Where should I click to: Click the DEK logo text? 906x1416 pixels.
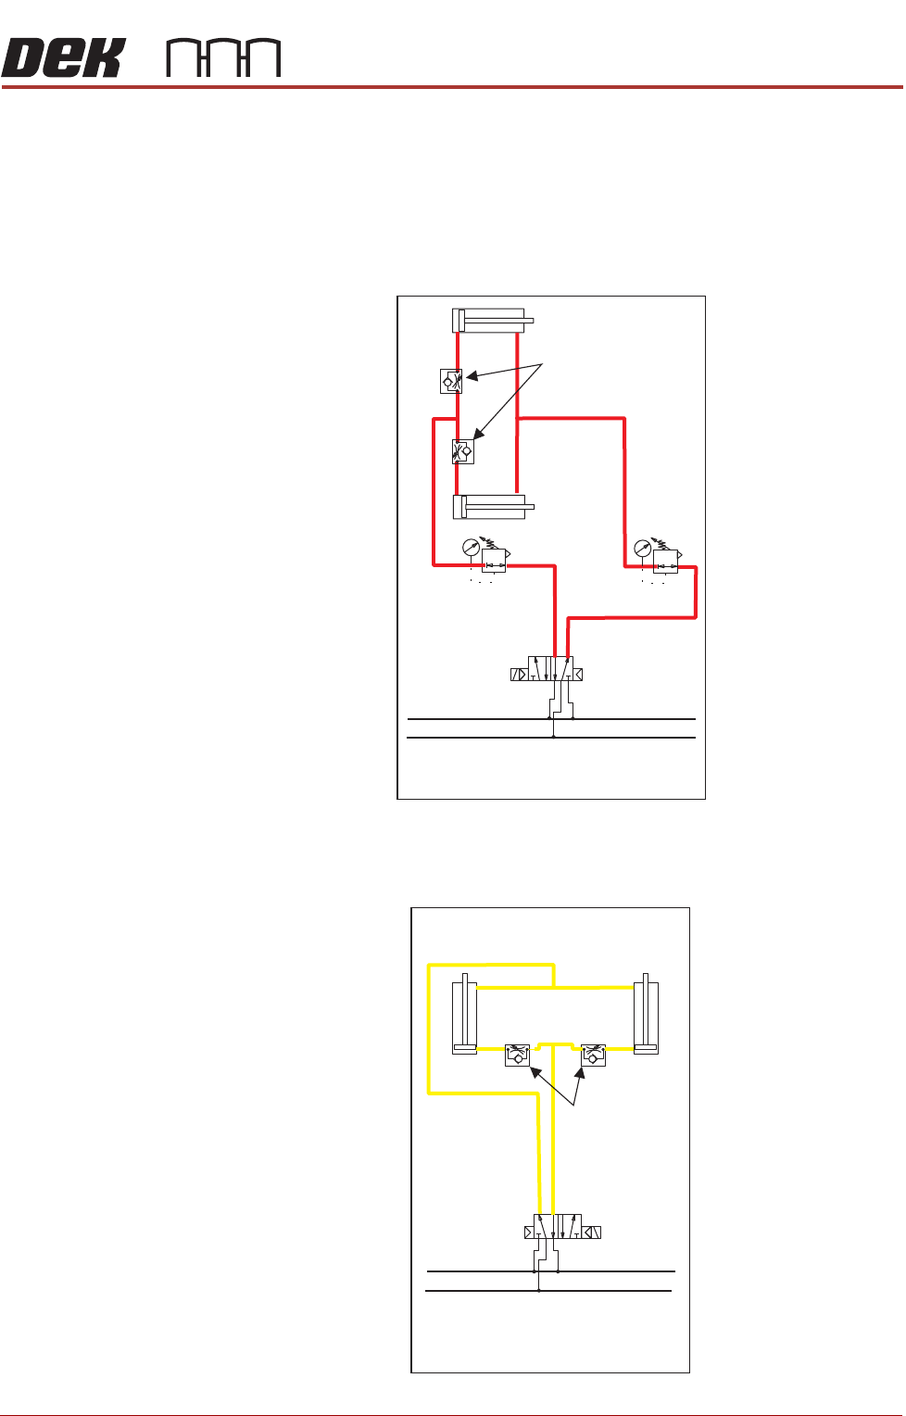click(x=63, y=57)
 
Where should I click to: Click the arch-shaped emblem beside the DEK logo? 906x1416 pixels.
click(x=223, y=57)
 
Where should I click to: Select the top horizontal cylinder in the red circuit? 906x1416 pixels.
click(x=492, y=321)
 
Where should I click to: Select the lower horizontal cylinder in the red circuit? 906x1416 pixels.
click(x=492, y=507)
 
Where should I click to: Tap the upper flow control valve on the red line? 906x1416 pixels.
click(x=451, y=380)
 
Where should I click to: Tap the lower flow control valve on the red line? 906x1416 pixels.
click(x=463, y=451)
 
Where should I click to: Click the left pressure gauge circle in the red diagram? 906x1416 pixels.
click(x=471, y=550)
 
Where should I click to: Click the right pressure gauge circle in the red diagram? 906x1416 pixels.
click(x=642, y=550)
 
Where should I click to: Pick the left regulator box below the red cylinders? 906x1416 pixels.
click(x=494, y=562)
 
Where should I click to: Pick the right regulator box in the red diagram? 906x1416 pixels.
click(x=665, y=562)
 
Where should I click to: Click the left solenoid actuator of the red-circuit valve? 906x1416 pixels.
click(x=519, y=675)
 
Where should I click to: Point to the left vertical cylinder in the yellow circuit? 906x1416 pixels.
click(x=464, y=1015)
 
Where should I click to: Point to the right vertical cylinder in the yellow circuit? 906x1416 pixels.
click(x=646, y=1015)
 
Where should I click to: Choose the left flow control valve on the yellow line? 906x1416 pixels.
click(x=517, y=1055)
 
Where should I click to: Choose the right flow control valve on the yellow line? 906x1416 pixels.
click(x=593, y=1055)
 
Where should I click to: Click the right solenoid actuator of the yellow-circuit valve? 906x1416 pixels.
click(x=592, y=1233)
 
